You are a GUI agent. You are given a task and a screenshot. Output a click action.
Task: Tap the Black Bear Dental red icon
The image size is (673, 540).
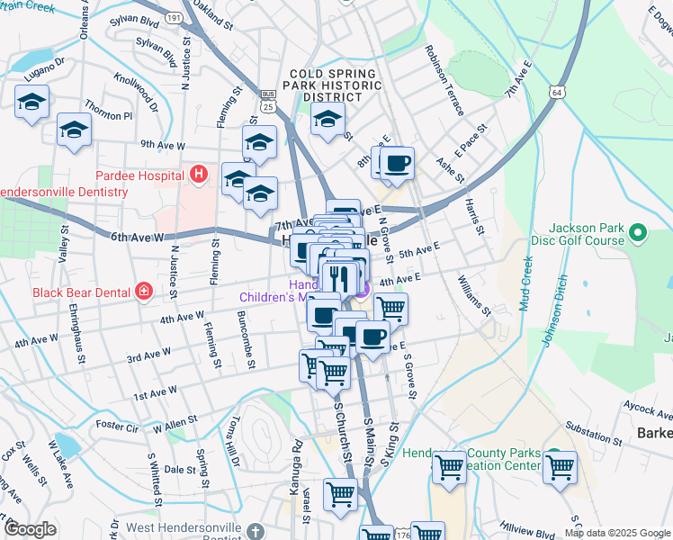[x=142, y=291]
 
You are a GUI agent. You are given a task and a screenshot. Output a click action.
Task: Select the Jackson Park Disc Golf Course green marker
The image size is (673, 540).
[x=639, y=234]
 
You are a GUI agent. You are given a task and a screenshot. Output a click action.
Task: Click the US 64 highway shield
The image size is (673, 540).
[x=559, y=93]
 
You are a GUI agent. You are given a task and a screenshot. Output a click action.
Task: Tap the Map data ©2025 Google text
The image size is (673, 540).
[x=617, y=533]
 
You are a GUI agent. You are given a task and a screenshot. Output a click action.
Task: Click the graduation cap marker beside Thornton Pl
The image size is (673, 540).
[x=74, y=130]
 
